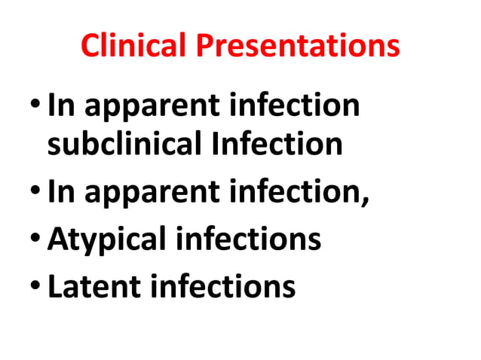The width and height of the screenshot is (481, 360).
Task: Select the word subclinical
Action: click(121, 143)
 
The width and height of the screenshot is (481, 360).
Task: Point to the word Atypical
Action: click(109, 239)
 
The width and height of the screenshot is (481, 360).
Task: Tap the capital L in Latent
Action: click(54, 287)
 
